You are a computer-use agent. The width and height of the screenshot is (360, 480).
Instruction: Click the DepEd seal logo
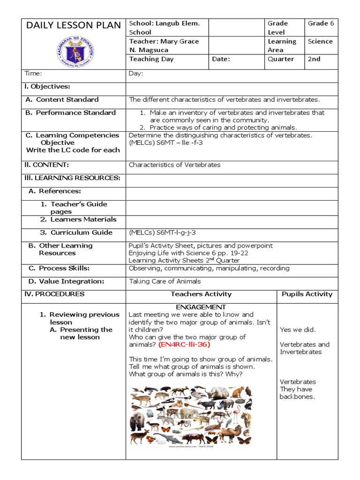click(74, 52)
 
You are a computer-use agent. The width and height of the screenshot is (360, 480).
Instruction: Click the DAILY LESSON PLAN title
click(74, 25)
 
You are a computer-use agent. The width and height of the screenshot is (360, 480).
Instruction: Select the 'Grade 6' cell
click(321, 23)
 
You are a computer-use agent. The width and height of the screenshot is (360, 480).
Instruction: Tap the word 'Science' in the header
click(320, 41)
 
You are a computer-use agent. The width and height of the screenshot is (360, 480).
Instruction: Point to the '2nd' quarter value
click(314, 59)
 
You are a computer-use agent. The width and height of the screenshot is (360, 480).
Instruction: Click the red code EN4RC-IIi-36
click(184, 345)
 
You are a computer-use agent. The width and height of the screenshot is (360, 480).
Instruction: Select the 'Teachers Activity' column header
click(201, 294)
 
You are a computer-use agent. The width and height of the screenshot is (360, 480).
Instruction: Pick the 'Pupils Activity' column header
click(307, 294)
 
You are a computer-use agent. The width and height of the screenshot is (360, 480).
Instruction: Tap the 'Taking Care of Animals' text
click(165, 281)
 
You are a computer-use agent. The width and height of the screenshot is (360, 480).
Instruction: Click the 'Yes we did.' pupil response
click(298, 330)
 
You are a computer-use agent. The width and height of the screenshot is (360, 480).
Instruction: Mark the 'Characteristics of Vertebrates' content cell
click(174, 165)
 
